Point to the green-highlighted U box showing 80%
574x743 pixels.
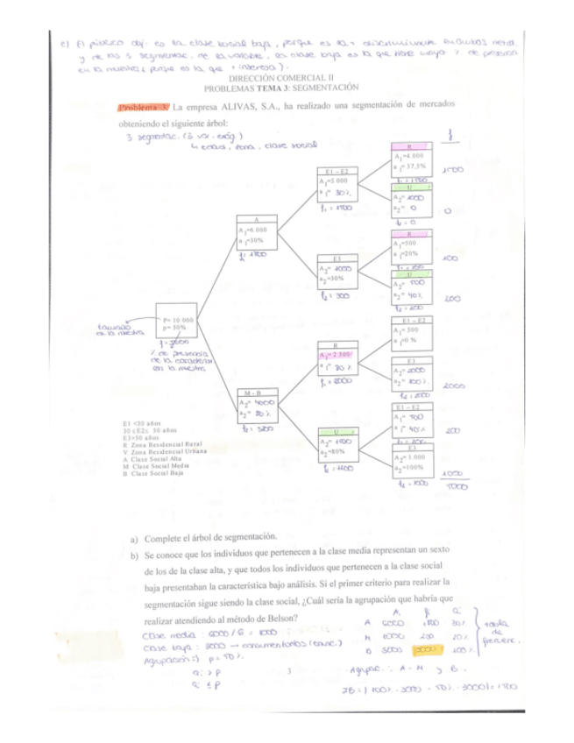(339, 447)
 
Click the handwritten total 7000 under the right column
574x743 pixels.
(452, 487)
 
